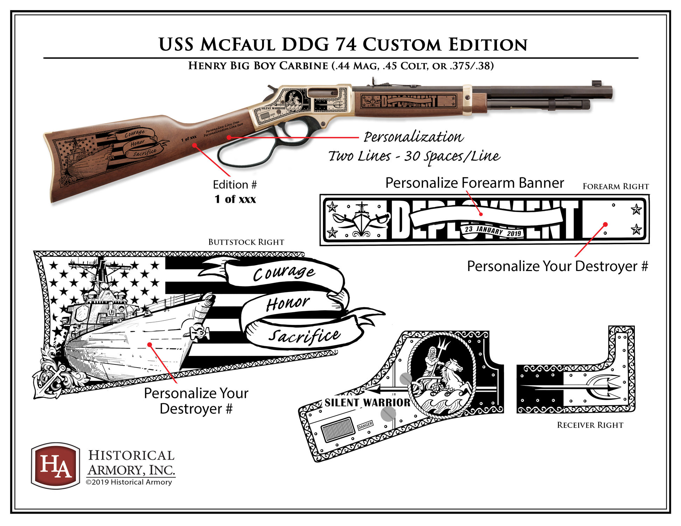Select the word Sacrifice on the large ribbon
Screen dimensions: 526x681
coord(304,336)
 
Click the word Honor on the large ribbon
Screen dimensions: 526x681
coord(288,303)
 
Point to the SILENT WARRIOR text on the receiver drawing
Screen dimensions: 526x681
coord(367,403)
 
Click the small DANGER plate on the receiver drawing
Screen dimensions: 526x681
coord(365,425)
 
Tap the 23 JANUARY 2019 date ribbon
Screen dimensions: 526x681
coord(492,231)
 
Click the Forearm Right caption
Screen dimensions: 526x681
coord(616,186)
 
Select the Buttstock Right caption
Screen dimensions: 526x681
coord(246,242)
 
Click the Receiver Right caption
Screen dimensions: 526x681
coord(590,425)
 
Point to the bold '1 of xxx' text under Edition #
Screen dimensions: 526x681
coord(235,199)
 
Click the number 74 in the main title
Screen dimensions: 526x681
coord(346,45)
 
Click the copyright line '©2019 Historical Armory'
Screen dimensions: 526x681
coord(129,482)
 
